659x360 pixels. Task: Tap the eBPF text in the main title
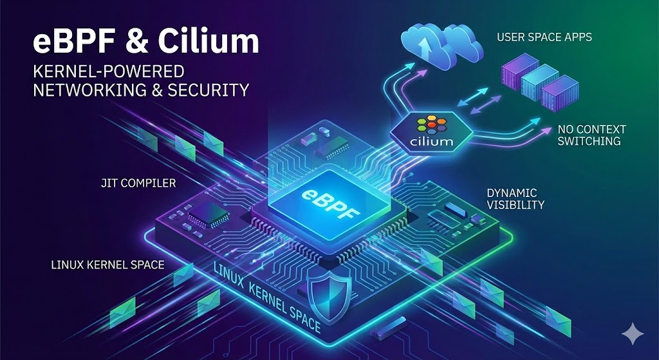[66, 43]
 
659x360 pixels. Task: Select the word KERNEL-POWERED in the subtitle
[109, 71]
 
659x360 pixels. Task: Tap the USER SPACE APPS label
[544, 37]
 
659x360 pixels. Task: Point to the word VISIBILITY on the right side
[515, 205]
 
